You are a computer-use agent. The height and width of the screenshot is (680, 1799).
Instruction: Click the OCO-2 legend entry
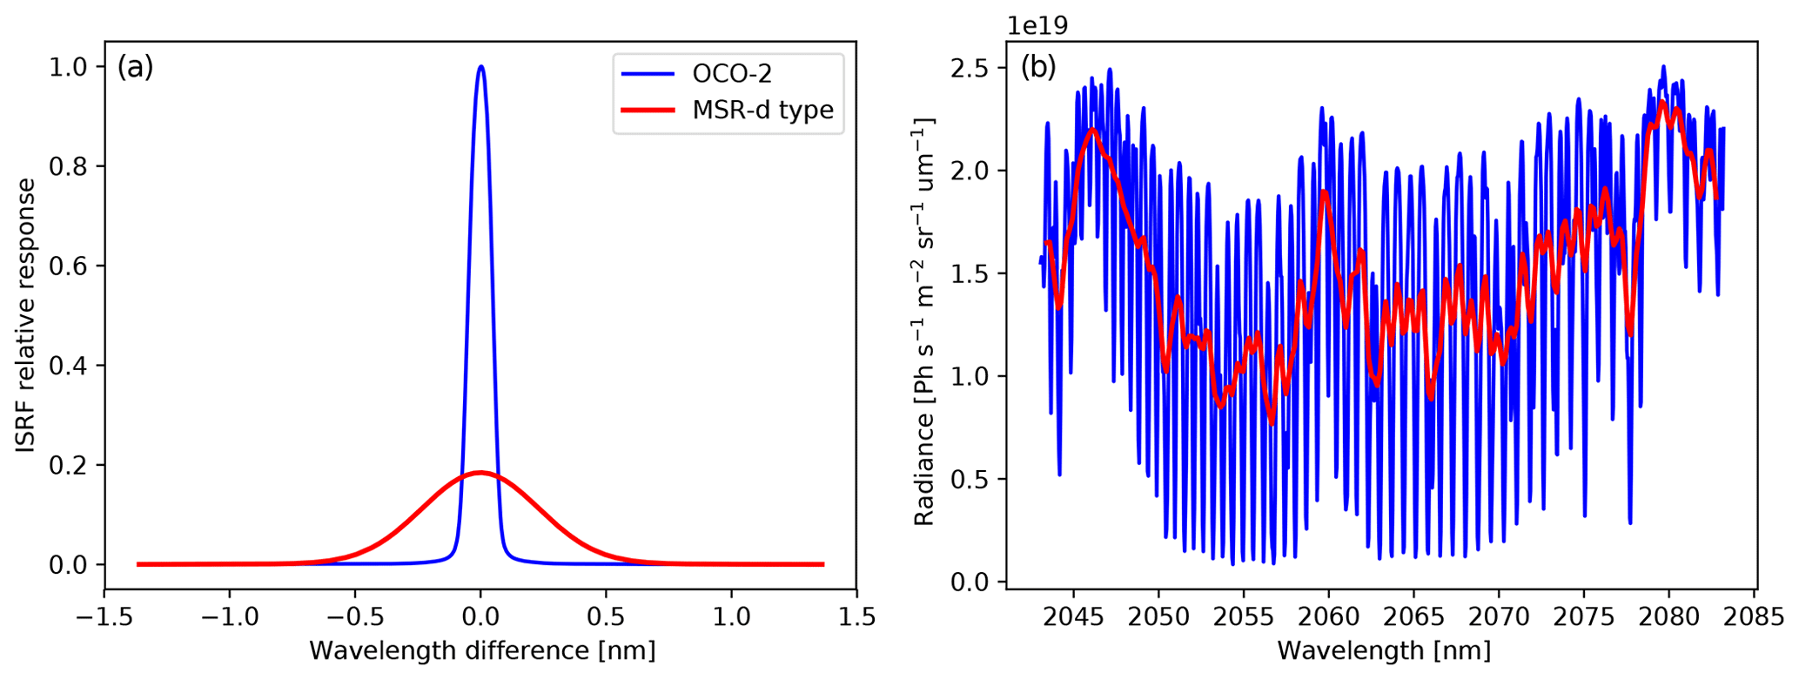[x=731, y=73]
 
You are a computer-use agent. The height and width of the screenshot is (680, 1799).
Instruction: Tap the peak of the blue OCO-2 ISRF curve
[x=480, y=66]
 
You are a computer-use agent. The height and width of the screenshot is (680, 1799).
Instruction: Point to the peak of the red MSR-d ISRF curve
[x=480, y=473]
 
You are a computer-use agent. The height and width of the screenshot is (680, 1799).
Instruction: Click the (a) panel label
[x=136, y=67]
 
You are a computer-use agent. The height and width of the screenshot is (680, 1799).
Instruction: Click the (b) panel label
[x=1038, y=67]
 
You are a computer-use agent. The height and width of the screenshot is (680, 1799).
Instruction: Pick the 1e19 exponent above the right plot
[x=1037, y=25]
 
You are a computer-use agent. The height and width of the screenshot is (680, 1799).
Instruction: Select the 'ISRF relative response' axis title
[x=26, y=315]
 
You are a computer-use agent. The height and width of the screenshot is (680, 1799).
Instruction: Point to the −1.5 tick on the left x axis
[x=104, y=616]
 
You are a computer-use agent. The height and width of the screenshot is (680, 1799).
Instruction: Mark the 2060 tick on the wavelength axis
[x=1328, y=616]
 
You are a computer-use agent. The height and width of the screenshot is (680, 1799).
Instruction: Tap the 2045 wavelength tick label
[x=1073, y=616]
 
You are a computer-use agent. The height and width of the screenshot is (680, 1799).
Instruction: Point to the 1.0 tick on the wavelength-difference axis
[x=731, y=616]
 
